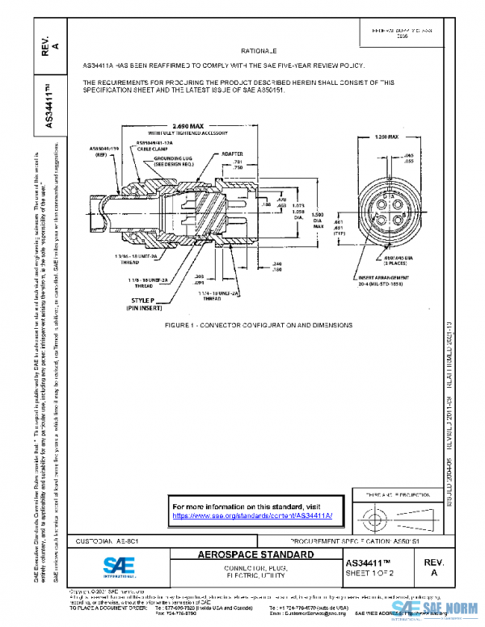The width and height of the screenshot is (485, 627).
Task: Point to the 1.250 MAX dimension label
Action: pos(387,138)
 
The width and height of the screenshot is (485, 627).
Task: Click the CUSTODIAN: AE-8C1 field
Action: pos(108,539)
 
